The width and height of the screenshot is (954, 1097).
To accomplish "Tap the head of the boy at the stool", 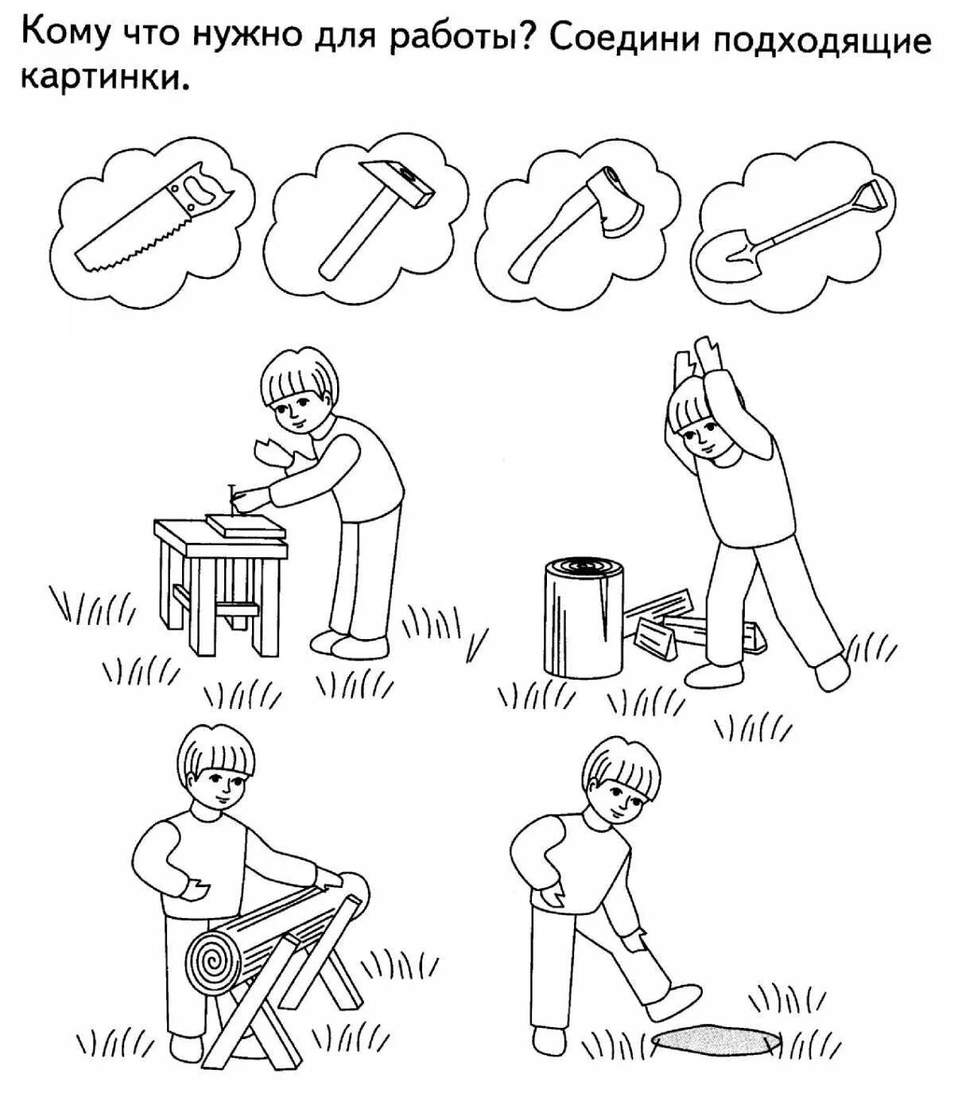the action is coord(298,391).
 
